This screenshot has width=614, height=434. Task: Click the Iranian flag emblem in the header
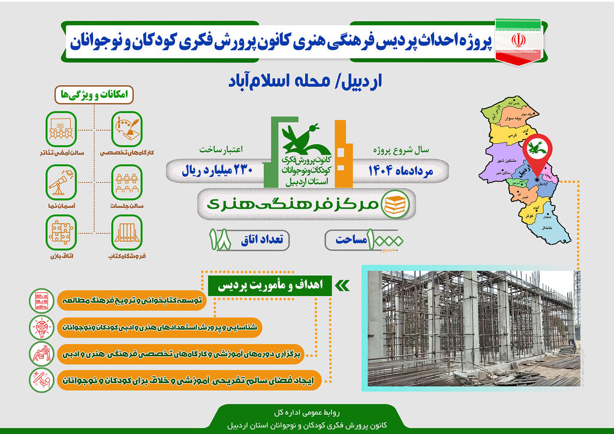(x=518, y=40)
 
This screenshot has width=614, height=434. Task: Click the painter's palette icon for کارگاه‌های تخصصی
(x=127, y=127)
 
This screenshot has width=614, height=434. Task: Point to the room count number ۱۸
(x=220, y=239)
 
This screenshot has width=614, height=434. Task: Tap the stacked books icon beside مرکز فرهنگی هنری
(x=395, y=204)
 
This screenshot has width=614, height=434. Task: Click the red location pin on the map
(x=535, y=151)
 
